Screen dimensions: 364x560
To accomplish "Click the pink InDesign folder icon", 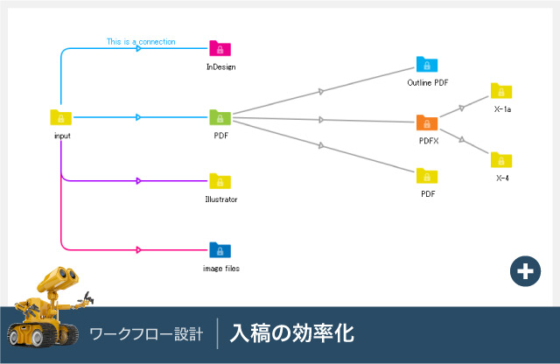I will tap(220, 49).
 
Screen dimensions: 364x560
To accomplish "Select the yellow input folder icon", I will tap(61, 117).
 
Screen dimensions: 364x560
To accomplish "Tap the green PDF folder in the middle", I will tap(220, 117).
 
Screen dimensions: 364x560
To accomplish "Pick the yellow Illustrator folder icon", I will tap(220, 181).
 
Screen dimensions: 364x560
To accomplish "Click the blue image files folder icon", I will tap(220, 250).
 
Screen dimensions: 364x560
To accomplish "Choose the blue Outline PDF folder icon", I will tap(427, 64).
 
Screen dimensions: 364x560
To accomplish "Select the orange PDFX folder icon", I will tap(427, 122).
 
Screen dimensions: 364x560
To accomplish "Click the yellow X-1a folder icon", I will tap(501, 91).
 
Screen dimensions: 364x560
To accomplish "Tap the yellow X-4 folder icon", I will tap(501, 159).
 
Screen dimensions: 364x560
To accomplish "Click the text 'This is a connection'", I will tap(141, 41).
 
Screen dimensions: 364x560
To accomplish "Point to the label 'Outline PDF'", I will tap(428, 82).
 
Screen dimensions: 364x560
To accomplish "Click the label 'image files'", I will tap(220, 269).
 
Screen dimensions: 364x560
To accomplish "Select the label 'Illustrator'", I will tap(220, 199).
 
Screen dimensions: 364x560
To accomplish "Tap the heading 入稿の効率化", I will tap(291, 334).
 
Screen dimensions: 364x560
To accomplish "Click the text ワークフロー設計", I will tap(146, 334).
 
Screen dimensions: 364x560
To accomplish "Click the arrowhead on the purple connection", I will tap(138, 181).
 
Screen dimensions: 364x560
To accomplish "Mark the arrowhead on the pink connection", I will tap(138, 250).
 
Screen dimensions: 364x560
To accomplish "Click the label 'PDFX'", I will tap(428, 140).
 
